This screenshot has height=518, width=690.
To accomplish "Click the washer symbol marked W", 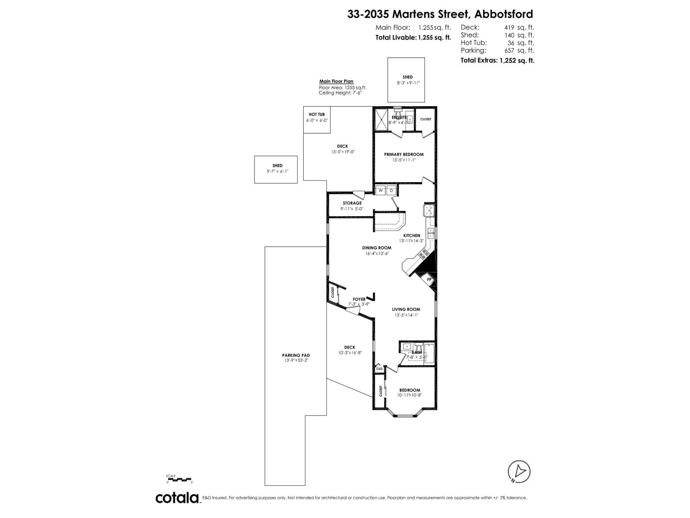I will click(381, 190).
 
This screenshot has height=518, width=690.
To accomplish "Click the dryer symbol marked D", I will click(392, 190).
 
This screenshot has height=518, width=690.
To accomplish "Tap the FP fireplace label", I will click(429, 280).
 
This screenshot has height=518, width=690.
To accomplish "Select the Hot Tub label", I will click(317, 114).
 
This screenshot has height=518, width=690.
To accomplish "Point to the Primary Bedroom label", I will click(404, 154).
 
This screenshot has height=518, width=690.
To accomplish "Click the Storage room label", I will click(352, 203).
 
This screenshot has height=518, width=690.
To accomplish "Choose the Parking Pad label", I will click(297, 355).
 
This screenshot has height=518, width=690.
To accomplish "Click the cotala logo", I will click(177, 498).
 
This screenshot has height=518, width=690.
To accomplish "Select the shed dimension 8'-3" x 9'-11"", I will click(408, 83).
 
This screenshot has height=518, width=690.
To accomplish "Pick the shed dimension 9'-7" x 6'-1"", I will click(277, 171).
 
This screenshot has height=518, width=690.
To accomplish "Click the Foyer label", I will click(359, 299).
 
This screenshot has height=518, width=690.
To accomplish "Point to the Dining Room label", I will click(376, 248).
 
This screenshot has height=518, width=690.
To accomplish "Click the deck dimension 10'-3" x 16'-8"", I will click(350, 353).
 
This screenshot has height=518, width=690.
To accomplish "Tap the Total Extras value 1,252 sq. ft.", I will click(517, 60).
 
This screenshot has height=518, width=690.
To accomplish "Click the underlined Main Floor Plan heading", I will click(336, 81).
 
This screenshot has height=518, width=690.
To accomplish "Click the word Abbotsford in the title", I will click(503, 14).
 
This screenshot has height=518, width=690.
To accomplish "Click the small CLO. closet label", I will click(379, 369).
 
